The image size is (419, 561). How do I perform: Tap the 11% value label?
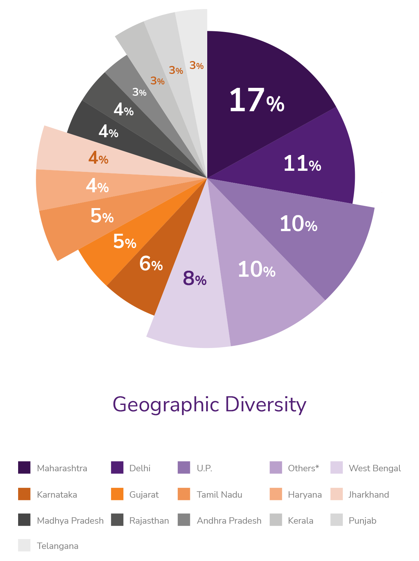click(x=302, y=164)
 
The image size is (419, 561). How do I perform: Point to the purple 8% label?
click(x=194, y=278)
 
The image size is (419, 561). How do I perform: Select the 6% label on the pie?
click(x=151, y=264)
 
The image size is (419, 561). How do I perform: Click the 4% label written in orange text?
click(x=98, y=158)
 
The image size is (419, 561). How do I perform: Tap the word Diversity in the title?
click(x=265, y=405)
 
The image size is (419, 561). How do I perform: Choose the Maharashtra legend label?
click(x=62, y=468)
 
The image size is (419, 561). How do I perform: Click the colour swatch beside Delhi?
click(x=117, y=468)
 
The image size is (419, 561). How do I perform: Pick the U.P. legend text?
click(x=205, y=468)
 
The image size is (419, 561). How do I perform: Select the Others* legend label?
click(x=303, y=468)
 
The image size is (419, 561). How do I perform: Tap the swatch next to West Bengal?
click(x=336, y=468)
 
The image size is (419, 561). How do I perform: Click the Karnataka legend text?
click(x=57, y=495)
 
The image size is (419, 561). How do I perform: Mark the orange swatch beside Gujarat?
click(x=117, y=494)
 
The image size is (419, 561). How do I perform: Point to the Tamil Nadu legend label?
click(x=219, y=495)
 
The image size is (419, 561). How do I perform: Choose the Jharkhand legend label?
click(x=368, y=495)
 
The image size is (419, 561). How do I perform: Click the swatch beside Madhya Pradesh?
click(x=24, y=520)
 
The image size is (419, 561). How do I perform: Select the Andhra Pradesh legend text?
click(x=229, y=521)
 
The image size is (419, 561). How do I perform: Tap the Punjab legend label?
click(x=362, y=521)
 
